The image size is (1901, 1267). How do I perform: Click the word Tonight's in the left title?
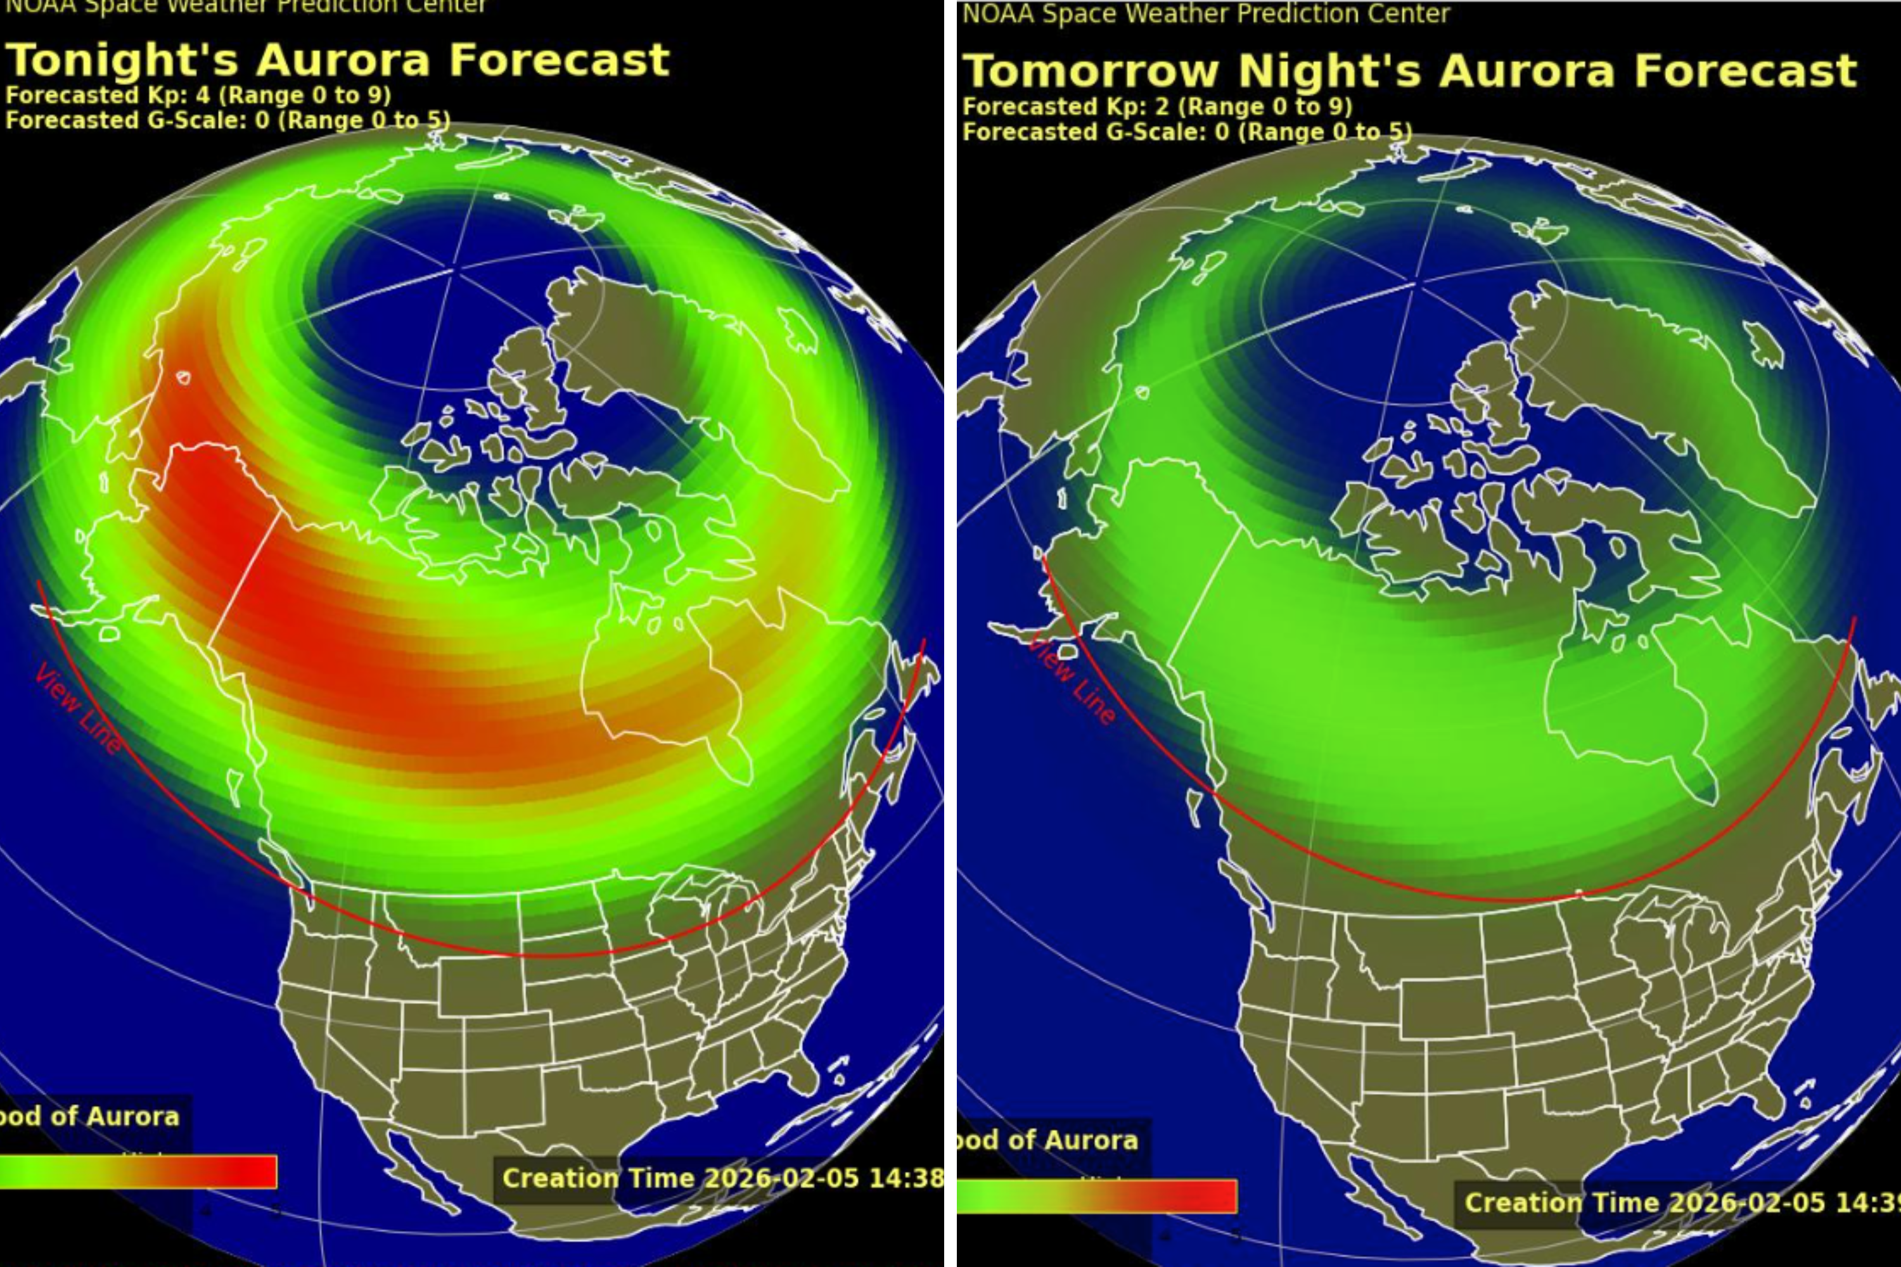[x=121, y=61]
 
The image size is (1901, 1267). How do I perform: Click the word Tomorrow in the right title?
[x=1091, y=71]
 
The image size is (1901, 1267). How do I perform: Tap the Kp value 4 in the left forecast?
[x=202, y=96]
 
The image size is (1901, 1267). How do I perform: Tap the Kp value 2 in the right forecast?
[x=1162, y=106]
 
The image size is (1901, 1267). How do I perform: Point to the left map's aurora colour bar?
[x=138, y=1171]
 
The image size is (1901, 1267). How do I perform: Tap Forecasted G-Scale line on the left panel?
[x=226, y=120]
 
